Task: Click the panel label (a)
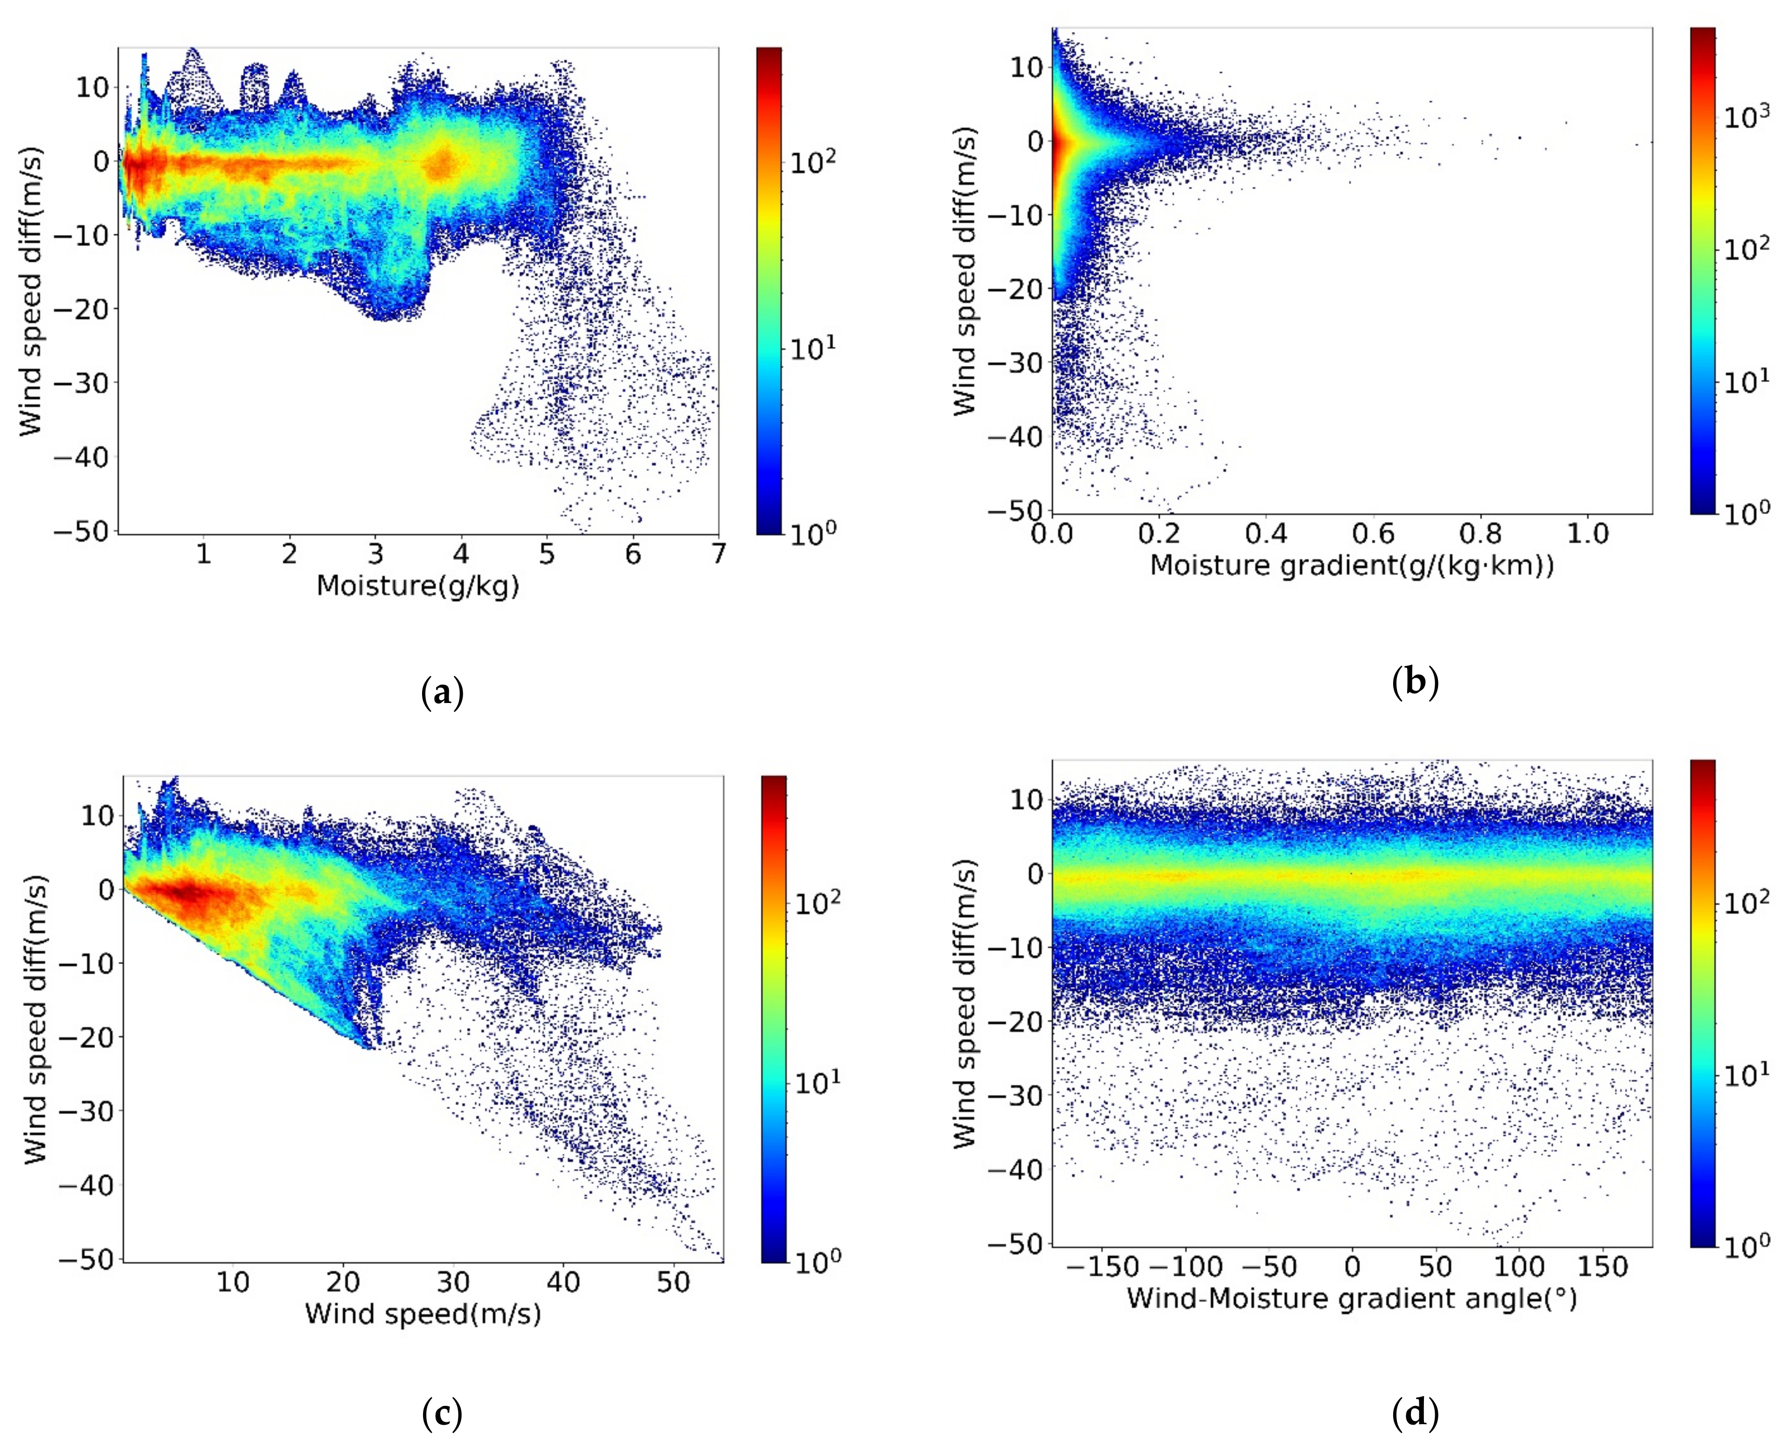[x=443, y=693]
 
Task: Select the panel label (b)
[x=1416, y=682]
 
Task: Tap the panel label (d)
[x=1416, y=1413]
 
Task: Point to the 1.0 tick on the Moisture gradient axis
[x=1588, y=533]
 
